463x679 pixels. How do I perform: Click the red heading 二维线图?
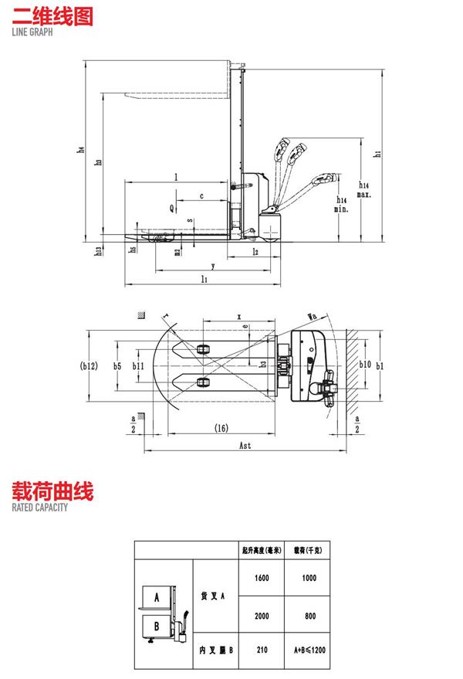click(52, 17)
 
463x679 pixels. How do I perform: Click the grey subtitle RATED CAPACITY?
click(39, 508)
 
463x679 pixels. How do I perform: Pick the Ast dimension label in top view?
click(245, 446)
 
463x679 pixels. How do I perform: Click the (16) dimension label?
click(221, 427)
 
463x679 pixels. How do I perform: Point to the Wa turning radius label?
click(313, 316)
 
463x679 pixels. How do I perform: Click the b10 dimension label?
click(366, 365)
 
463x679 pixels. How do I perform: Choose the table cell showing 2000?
click(261, 616)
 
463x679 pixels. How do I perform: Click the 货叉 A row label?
click(212, 596)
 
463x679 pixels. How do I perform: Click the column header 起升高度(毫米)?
click(261, 551)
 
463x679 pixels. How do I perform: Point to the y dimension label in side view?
click(211, 265)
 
